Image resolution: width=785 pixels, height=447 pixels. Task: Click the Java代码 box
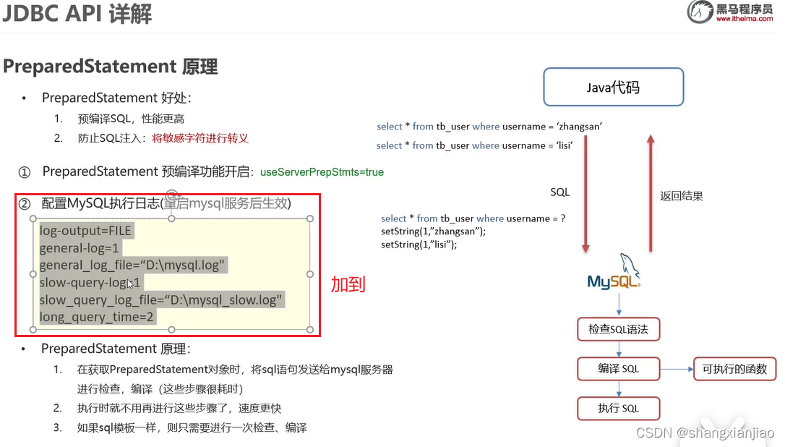point(613,88)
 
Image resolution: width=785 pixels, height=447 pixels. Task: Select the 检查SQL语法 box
point(618,329)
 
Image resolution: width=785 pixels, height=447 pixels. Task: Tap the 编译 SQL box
point(618,369)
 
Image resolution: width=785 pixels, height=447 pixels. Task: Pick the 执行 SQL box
point(618,409)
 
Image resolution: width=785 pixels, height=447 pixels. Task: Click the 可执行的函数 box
point(734,369)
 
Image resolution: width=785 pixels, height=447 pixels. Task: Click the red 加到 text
point(348,284)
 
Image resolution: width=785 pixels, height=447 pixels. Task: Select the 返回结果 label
point(681,196)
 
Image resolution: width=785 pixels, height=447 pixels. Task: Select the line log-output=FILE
point(87,230)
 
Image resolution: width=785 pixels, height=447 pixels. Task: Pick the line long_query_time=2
point(97,317)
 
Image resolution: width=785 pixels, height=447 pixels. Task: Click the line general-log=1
point(79,247)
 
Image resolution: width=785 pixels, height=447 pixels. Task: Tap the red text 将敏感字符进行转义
point(200,137)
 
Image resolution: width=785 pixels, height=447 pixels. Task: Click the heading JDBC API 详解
point(77,14)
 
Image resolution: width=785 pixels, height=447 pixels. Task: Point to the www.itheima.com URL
point(745,20)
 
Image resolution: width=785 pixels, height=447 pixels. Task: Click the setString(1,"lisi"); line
point(419,244)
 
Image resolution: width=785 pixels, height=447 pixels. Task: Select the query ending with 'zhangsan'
point(489,127)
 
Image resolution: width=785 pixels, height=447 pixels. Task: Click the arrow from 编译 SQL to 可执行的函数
point(676,369)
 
